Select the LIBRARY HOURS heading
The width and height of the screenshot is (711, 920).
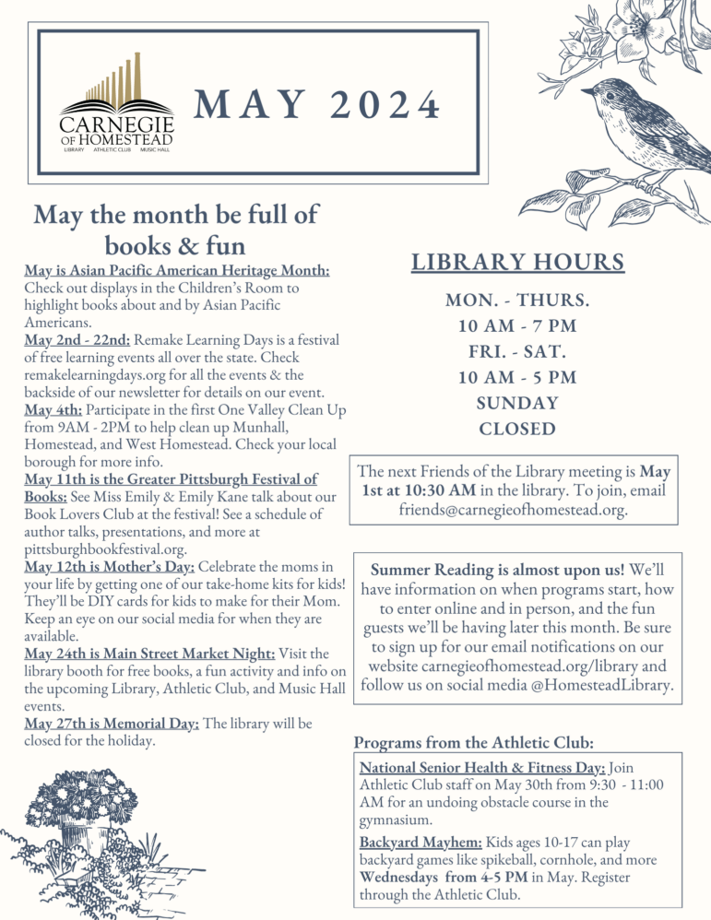pos(517,263)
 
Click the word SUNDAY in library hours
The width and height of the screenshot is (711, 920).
pos(517,403)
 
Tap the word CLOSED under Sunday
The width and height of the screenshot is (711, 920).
pos(517,429)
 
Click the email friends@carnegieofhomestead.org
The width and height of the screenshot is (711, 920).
pos(515,508)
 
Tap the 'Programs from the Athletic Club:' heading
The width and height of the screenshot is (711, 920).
pos(473,743)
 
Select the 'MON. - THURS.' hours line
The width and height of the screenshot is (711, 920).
pos(517,301)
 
